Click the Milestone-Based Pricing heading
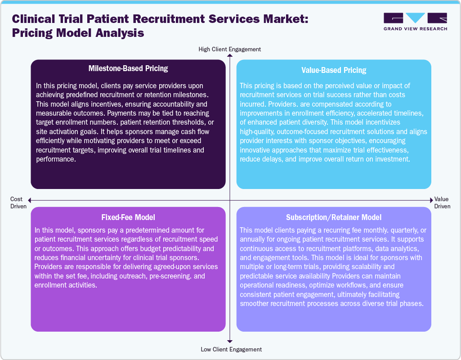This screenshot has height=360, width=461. click(x=128, y=69)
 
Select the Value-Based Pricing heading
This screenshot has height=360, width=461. click(x=334, y=70)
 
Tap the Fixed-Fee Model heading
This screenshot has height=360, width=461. click(x=128, y=217)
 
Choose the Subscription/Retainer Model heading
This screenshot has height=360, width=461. click(x=334, y=218)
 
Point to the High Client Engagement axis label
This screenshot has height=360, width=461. click(x=230, y=49)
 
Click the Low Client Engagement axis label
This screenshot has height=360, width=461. click(x=230, y=349)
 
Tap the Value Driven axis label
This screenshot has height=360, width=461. click(x=442, y=202)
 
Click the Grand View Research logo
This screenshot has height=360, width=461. click(x=415, y=22)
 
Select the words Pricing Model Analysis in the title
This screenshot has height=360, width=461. click(x=78, y=33)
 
